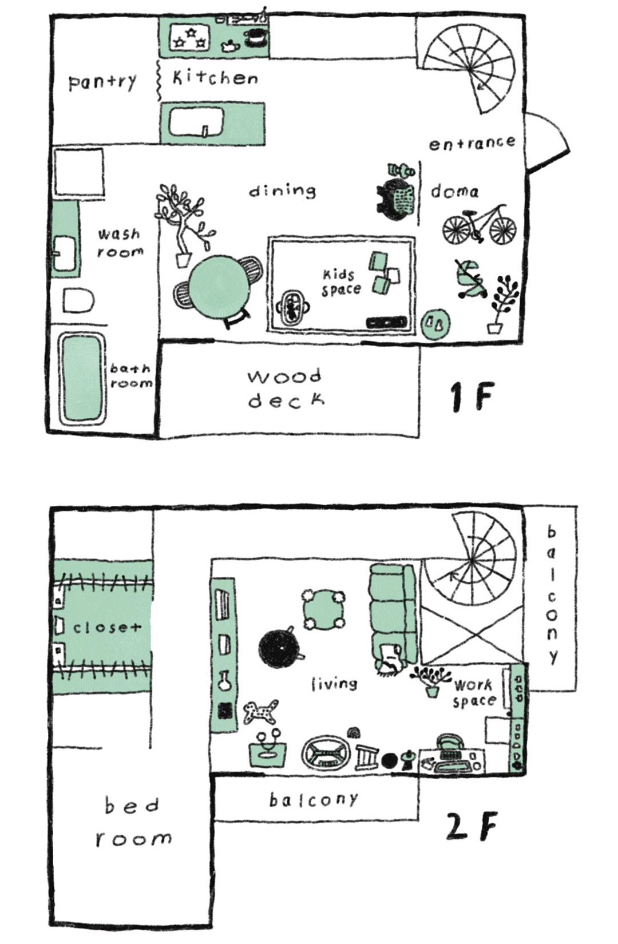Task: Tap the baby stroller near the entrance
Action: point(471,279)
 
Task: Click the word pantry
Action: point(102,82)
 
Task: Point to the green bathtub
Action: point(82,378)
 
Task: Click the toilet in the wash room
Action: point(78,300)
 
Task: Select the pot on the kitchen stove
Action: point(256,37)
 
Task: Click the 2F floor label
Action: point(470,826)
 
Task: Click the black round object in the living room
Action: point(279,649)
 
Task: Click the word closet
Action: point(106,627)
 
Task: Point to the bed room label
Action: point(133,822)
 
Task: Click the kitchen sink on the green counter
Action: point(195,122)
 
